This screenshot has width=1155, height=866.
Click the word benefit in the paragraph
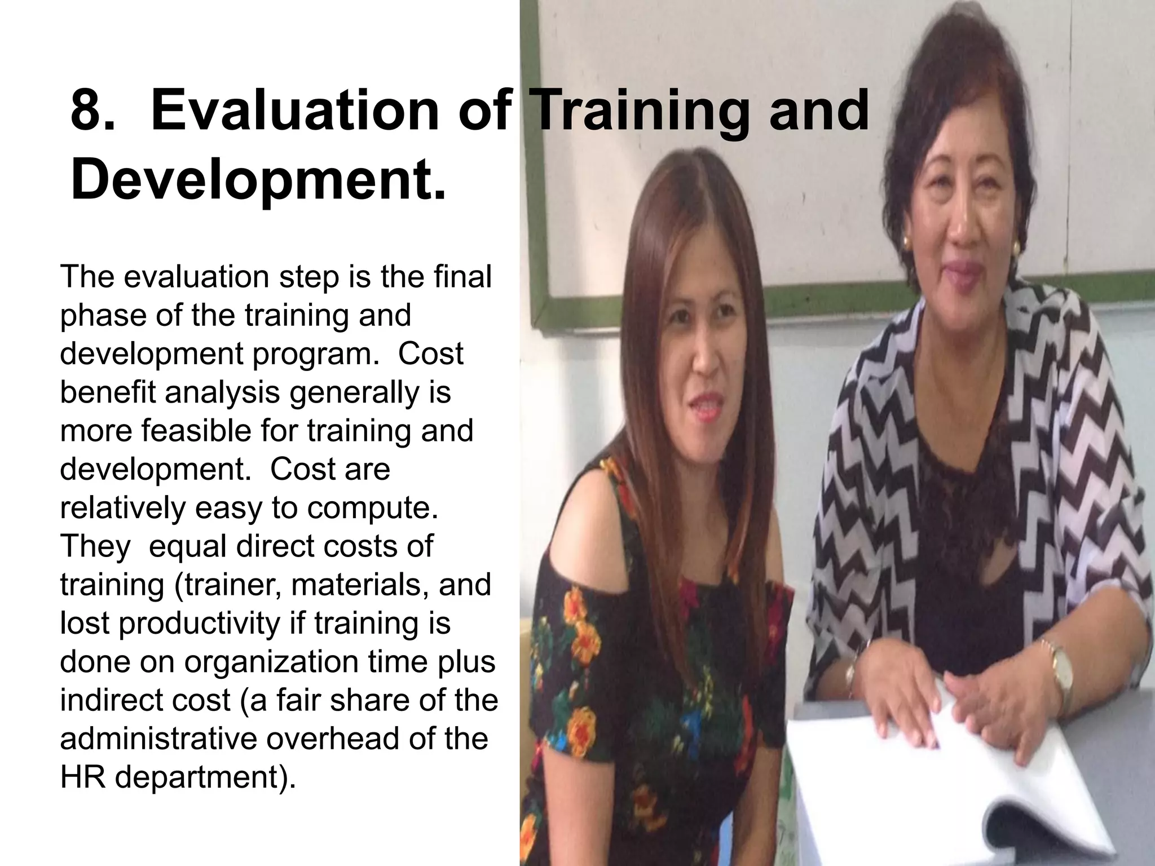[107, 392]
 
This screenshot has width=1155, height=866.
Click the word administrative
[158, 739]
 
